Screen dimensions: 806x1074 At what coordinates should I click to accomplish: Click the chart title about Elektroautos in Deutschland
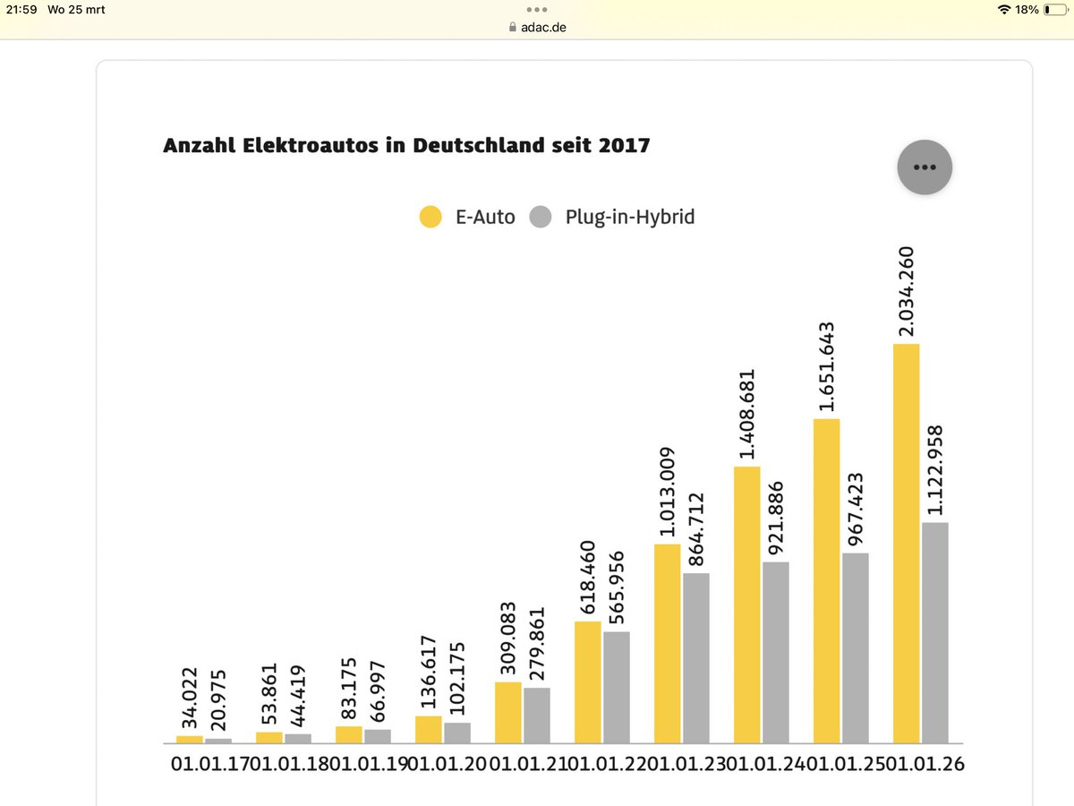tap(406, 145)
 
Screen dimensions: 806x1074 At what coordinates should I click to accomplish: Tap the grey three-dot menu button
tap(925, 167)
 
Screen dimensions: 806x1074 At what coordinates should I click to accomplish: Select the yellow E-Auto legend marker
tap(430, 217)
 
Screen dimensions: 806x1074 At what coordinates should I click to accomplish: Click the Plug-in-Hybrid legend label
tap(629, 217)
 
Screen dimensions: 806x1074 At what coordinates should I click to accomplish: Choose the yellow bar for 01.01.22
tap(587, 682)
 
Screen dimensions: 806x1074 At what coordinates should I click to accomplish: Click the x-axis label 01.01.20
tap(447, 764)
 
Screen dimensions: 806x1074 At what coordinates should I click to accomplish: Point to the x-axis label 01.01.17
tap(208, 764)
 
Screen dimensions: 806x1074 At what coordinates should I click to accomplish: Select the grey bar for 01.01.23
tap(696, 657)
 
